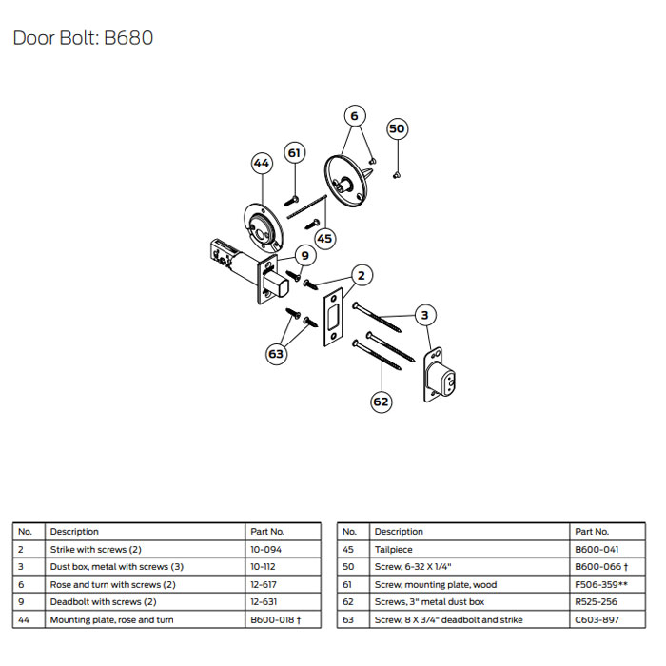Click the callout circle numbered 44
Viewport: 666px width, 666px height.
pos(263,164)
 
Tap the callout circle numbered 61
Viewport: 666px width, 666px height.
pos(294,153)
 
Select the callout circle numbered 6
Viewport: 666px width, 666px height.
pos(354,116)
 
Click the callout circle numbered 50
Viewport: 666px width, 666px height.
pos(398,128)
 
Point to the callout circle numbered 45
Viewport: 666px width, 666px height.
pos(324,238)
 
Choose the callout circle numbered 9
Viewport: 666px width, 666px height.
pos(304,255)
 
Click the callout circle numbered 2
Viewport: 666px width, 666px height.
pos(360,276)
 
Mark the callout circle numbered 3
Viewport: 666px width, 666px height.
pos(425,315)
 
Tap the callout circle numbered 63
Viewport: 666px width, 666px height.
pos(276,354)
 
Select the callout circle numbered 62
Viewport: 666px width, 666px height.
pos(381,402)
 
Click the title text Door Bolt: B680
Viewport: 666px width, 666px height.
pos(83,38)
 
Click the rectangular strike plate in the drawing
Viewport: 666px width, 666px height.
pos(335,320)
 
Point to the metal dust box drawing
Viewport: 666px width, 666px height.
pos(440,375)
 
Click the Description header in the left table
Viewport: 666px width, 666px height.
pos(74,532)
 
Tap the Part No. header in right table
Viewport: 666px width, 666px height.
pos(592,532)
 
